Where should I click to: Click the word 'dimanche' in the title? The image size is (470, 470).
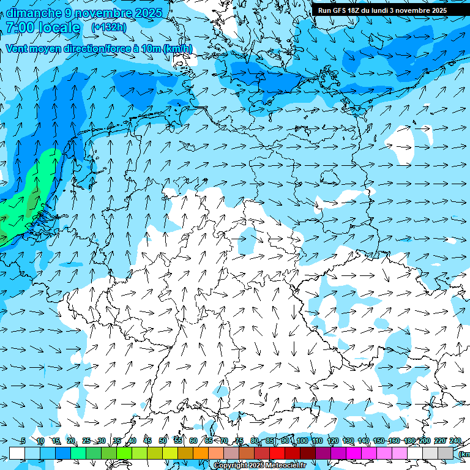coord(32,13)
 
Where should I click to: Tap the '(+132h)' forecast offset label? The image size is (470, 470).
coord(108,28)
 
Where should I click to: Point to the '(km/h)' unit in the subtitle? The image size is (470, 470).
coord(178,49)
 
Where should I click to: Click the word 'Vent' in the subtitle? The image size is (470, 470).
coord(17,49)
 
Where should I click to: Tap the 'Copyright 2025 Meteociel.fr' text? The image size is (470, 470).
coord(260,466)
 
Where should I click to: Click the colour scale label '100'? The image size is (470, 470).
coord(302,441)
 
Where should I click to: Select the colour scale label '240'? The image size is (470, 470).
coord(455,441)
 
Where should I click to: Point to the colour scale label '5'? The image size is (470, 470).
coord(23,441)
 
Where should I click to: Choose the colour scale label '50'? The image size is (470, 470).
coord(163,441)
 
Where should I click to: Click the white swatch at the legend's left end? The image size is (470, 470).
coord(17,453)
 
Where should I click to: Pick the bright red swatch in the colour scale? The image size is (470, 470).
coord(277,453)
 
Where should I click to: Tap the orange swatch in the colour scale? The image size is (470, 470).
coord(201,453)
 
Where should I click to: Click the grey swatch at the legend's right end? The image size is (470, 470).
coord(446,453)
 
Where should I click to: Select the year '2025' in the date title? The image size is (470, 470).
coord(148,13)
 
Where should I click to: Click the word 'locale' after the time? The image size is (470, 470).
coord(59,28)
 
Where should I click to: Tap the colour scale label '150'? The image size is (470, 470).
coord(379,441)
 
